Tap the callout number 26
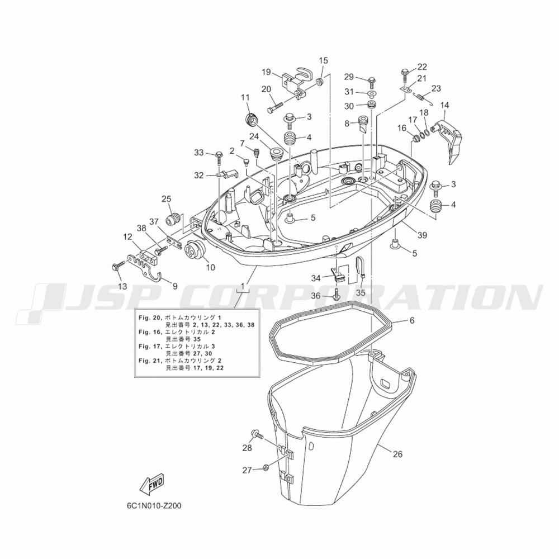pyautogui.click(x=397, y=454)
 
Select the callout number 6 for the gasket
pyautogui.click(x=412, y=320)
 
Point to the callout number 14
pyautogui.click(x=444, y=105)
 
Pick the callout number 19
pyautogui.click(x=266, y=72)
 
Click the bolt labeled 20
pyautogui.click(x=274, y=106)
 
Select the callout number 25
pyautogui.click(x=166, y=198)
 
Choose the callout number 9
pyautogui.click(x=174, y=286)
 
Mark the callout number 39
pyautogui.click(x=422, y=235)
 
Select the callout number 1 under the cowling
pyautogui.click(x=243, y=286)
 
